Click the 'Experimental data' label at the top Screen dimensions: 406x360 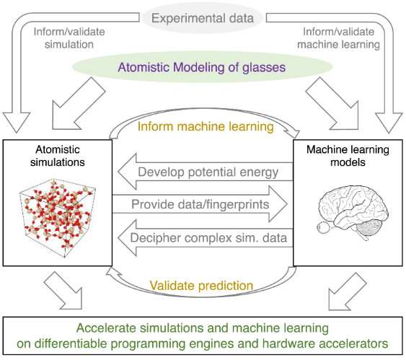[x=203, y=18]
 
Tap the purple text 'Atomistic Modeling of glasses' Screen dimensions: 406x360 [x=202, y=67]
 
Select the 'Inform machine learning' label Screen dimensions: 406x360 [x=206, y=127]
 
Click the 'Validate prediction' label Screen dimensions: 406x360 [x=201, y=286]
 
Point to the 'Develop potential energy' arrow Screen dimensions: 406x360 [x=206, y=172]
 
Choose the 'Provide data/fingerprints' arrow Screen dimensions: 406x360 [x=200, y=204]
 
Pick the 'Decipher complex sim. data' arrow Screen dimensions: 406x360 [x=206, y=238]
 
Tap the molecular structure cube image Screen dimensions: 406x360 [x=58, y=218]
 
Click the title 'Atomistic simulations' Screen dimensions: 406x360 [x=58, y=156]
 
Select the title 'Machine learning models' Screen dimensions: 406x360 [x=348, y=156]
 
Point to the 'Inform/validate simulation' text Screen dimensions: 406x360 [x=69, y=38]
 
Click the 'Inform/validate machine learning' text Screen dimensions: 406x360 [x=338, y=38]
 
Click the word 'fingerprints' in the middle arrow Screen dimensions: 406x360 [x=237, y=205]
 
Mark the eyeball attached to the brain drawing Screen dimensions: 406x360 [x=323, y=228]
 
